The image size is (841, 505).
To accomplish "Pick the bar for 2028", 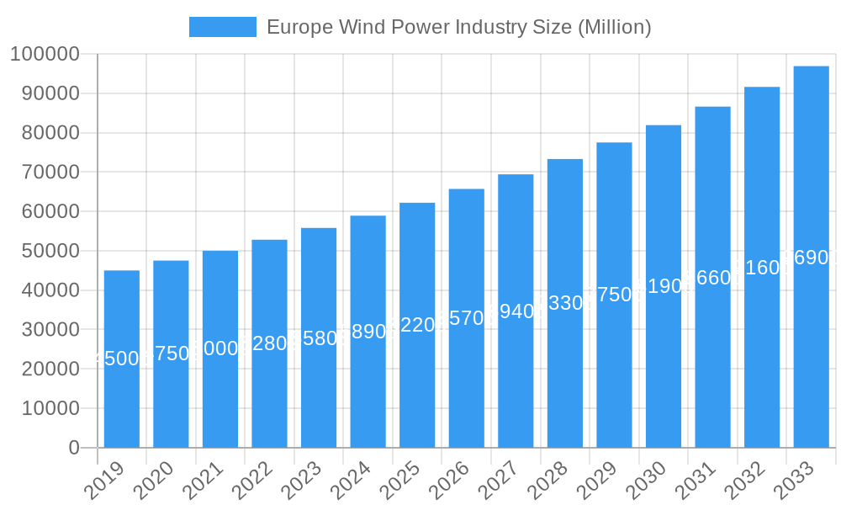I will point(565,303).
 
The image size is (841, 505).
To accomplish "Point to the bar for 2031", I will point(712,277).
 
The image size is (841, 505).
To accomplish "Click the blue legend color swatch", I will point(222,27).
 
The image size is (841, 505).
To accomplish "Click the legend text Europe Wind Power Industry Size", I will point(458,27).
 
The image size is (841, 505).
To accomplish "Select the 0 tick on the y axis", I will point(74,448).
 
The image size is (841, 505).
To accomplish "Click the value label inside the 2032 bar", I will point(762,268).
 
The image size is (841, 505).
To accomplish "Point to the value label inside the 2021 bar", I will point(220,348).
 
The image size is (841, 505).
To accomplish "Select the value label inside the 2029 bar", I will point(614,295).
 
